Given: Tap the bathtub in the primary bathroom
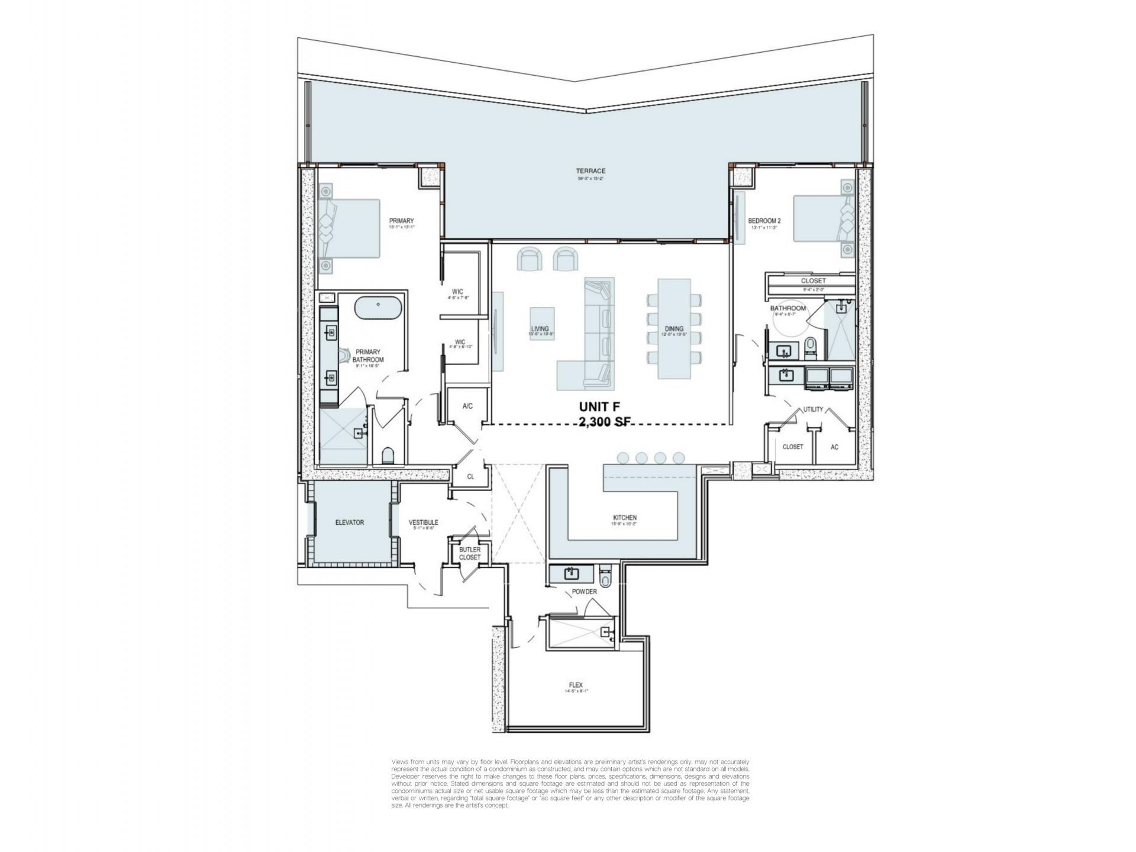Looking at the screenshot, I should click(x=379, y=309).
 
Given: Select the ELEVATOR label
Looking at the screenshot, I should click(x=349, y=522).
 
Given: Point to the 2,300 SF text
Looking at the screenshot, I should click(x=609, y=422).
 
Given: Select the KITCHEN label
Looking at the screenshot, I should click(x=624, y=518).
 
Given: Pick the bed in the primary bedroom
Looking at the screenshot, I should click(x=349, y=228).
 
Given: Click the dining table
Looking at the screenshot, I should click(x=674, y=329).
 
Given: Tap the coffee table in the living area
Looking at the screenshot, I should click(x=541, y=322).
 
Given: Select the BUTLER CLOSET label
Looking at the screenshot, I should click(x=470, y=553).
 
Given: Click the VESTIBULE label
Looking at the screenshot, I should click(x=423, y=522).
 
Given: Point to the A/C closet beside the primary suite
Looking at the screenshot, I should click(x=467, y=406).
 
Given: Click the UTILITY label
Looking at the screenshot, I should click(x=812, y=409).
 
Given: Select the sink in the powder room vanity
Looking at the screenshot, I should click(x=571, y=573).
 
